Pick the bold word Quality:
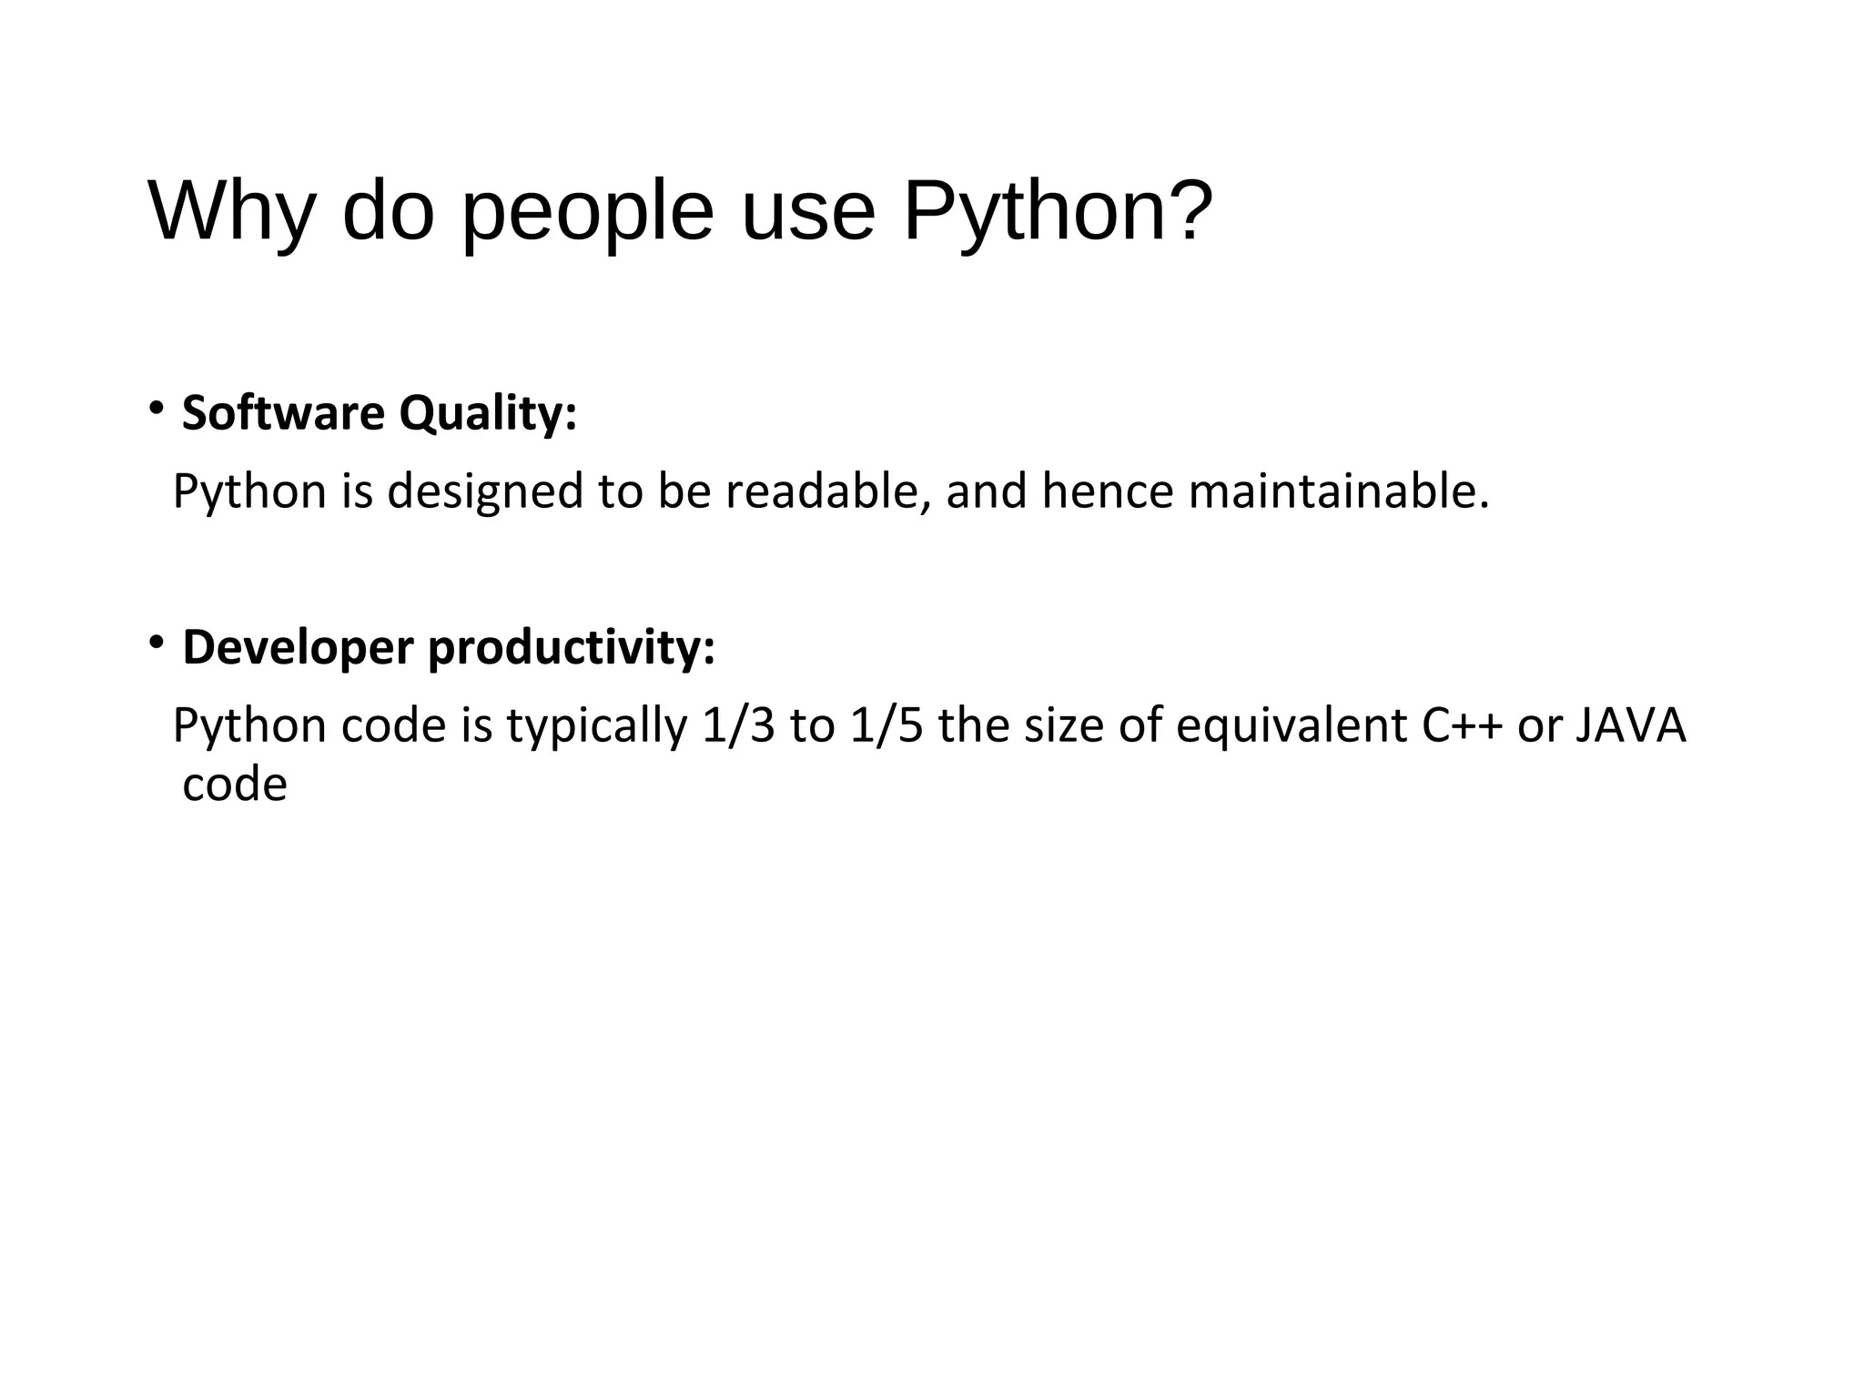click(488, 415)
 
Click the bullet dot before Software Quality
click(157, 407)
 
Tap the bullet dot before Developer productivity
click(157, 643)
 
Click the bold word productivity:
click(572, 649)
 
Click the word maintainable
click(1339, 491)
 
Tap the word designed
click(485, 493)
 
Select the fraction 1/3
click(739, 726)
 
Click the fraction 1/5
click(886, 726)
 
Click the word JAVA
click(1630, 726)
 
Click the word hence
click(1108, 491)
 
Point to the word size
click(1065, 726)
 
